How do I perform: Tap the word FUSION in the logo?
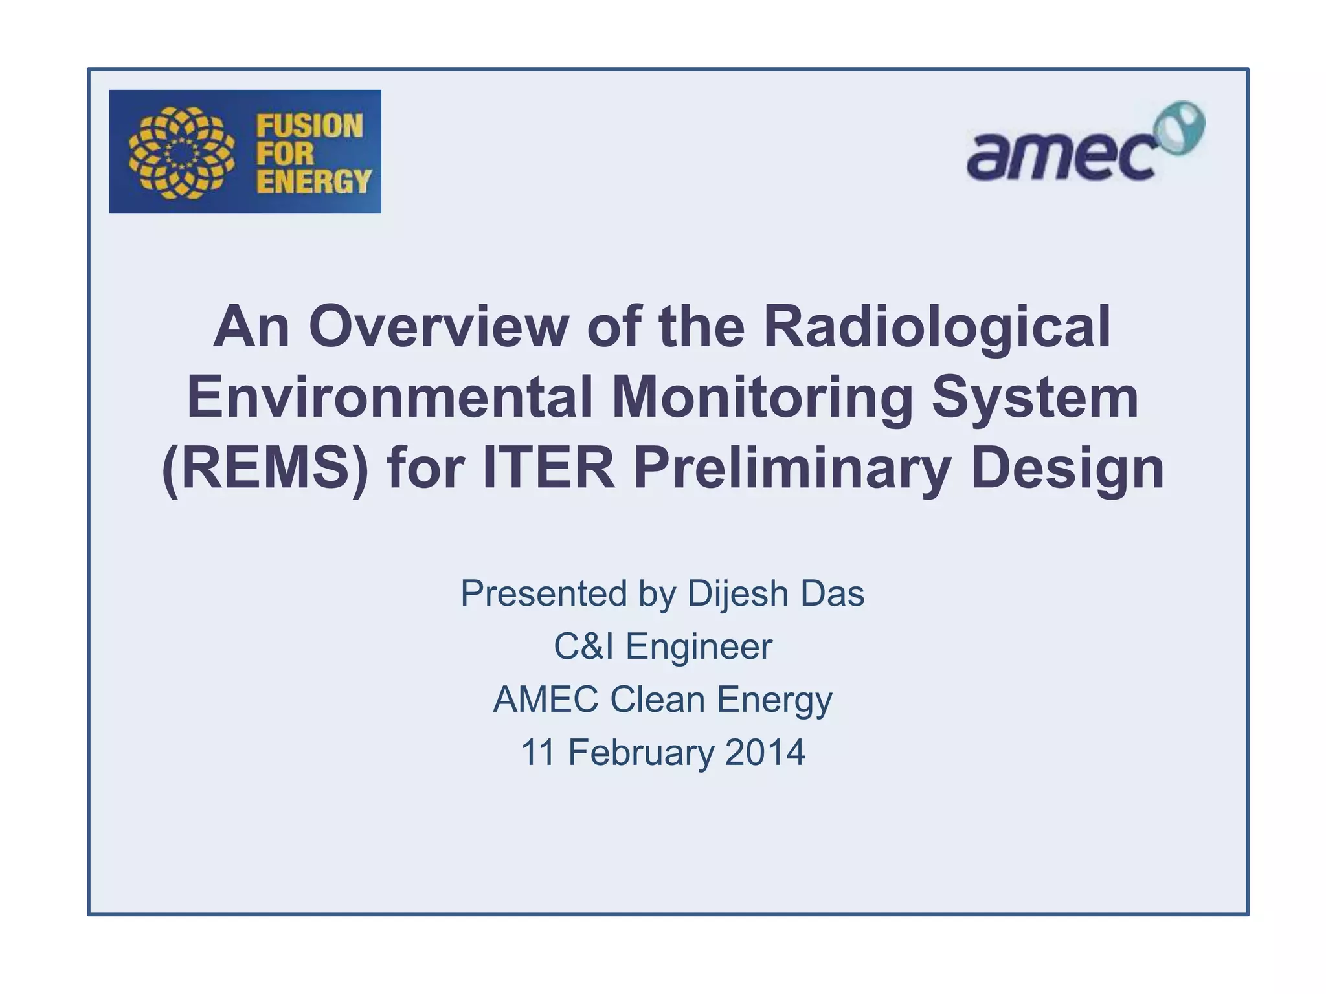pyautogui.click(x=309, y=126)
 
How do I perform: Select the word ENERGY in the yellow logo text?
pyautogui.click(x=314, y=181)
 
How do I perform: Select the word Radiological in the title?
pyautogui.click(x=937, y=326)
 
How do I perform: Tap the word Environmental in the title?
pyautogui.click(x=390, y=397)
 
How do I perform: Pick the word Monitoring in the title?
pyautogui.click(x=762, y=397)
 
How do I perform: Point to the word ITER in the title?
pyautogui.click(x=548, y=468)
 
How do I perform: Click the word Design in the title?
pyautogui.click(x=1068, y=468)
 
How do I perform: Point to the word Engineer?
pyautogui.click(x=699, y=646)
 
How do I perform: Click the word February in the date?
pyautogui.click(x=641, y=753)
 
